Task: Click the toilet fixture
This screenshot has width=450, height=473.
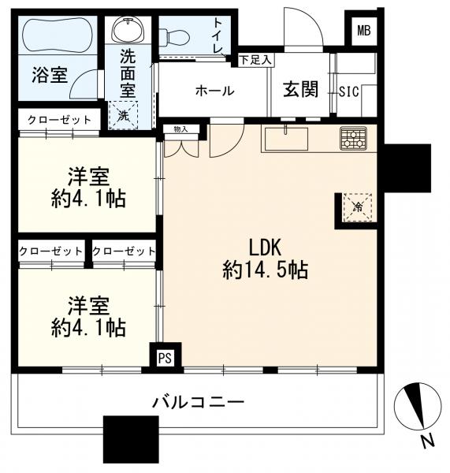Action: tap(181, 35)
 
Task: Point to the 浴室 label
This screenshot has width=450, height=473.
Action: tap(49, 76)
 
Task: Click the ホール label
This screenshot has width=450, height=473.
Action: tap(214, 91)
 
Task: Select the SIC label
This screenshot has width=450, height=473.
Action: tap(348, 91)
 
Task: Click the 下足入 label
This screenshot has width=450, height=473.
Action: tap(255, 59)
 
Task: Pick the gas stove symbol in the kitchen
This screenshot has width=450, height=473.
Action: tap(353, 139)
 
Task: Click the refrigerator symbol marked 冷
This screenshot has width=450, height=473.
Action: tap(355, 208)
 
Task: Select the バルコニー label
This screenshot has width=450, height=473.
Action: tap(198, 403)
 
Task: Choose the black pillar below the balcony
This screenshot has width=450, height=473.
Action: tap(130, 439)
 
